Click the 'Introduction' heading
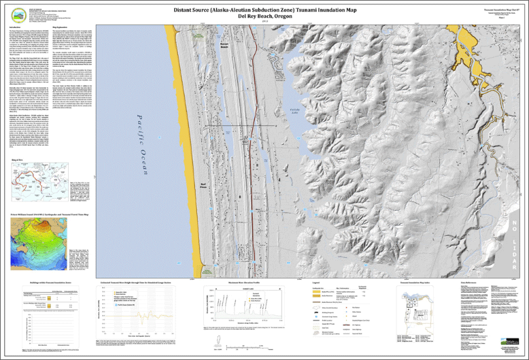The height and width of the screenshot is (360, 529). click(18, 27)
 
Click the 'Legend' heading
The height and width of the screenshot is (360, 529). click(315, 282)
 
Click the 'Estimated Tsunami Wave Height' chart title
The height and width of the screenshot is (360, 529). click(139, 282)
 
